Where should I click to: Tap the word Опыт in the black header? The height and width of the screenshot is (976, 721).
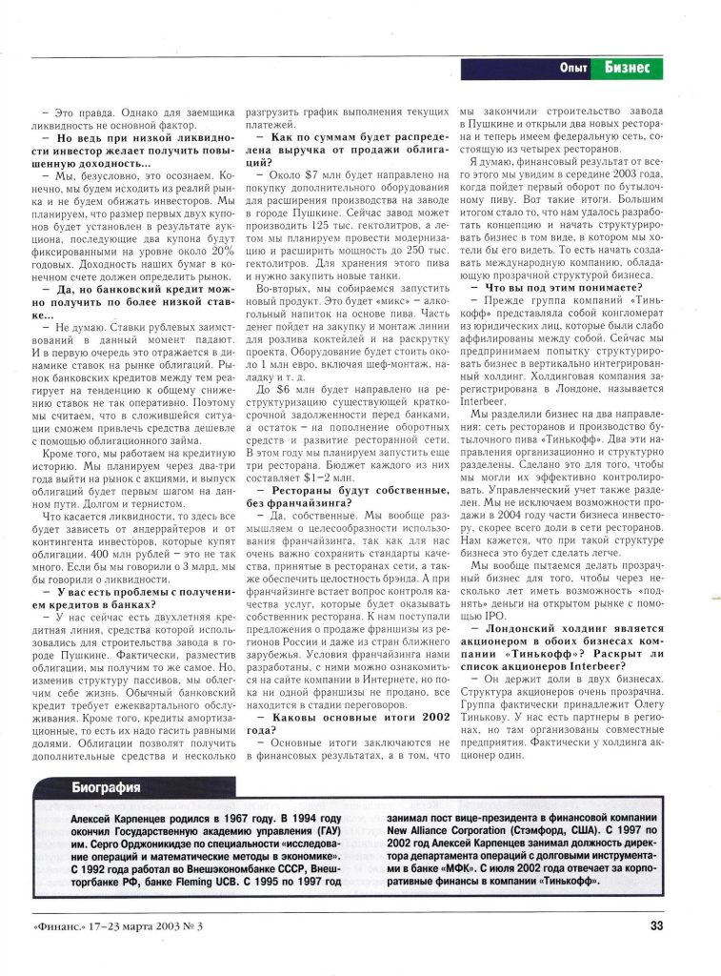pyautogui.click(x=573, y=68)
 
